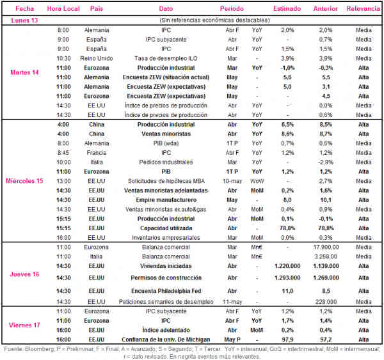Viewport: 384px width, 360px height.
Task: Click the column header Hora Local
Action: (63, 9)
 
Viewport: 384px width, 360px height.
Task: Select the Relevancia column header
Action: (363, 9)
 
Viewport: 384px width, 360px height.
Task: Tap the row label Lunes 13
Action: (24, 20)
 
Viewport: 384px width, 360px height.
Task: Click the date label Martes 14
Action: (24, 72)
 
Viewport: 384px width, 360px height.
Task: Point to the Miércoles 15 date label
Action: (24, 181)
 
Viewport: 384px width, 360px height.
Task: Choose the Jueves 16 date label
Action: (24, 274)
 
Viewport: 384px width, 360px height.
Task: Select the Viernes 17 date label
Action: (24, 325)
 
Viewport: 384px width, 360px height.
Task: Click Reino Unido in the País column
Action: (97, 58)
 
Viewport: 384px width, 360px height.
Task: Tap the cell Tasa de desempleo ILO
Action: (166, 58)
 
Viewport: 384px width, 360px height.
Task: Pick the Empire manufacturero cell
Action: (166, 200)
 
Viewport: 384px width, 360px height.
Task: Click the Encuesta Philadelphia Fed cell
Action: (166, 291)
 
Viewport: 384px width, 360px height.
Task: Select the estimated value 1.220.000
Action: (287, 266)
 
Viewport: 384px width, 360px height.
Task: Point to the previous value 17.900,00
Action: (326, 247)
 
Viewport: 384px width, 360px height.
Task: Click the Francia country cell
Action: (97, 153)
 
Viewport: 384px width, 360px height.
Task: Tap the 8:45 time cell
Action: (63, 153)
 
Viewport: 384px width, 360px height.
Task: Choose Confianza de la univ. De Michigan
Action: (166, 340)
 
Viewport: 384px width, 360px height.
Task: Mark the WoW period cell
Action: (257, 181)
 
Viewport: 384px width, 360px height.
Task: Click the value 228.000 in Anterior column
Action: (326, 302)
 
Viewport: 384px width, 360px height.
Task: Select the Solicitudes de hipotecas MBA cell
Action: (166, 181)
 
